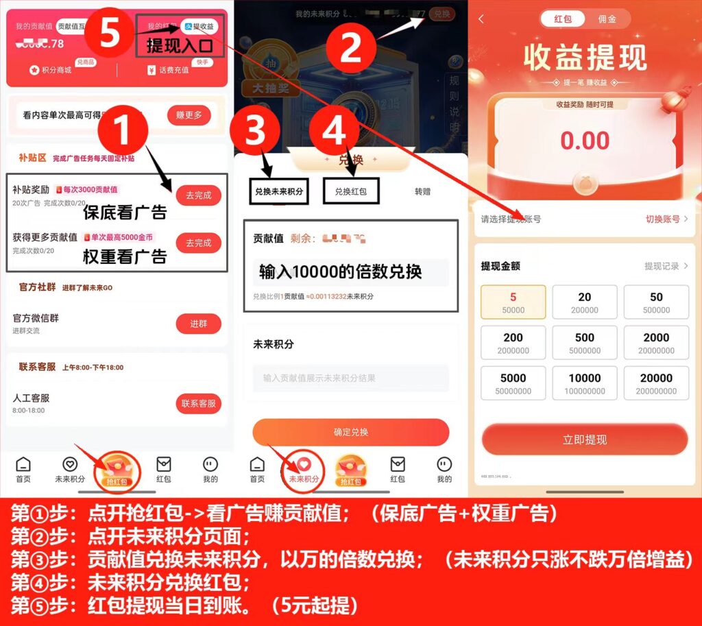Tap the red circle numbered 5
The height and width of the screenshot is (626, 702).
(110, 33)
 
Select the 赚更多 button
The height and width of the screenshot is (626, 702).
(189, 115)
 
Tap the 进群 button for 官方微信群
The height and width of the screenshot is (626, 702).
(198, 324)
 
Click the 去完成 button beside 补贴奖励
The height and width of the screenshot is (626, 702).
(198, 195)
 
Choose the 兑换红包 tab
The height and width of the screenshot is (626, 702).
(350, 191)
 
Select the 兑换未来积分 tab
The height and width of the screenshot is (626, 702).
(278, 191)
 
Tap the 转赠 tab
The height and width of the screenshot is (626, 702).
(422, 191)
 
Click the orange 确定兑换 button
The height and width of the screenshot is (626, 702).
(350, 432)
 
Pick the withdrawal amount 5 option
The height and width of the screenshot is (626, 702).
(513, 302)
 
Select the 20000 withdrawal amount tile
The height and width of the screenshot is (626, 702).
(656, 383)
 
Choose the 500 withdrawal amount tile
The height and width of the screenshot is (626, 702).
(585, 343)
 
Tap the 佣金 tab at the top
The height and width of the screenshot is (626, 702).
(607, 19)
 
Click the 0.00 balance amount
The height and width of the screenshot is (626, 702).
(585, 141)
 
